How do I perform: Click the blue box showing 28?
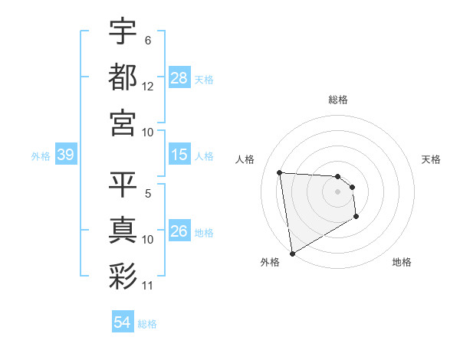click(x=179, y=77)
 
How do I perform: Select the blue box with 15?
click(x=179, y=155)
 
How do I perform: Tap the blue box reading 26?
click(x=179, y=231)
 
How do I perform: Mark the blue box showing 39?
click(x=65, y=155)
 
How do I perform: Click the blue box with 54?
click(x=123, y=322)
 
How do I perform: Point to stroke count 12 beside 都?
click(x=148, y=87)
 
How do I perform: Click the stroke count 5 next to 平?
click(x=148, y=195)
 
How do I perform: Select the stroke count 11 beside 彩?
click(x=148, y=286)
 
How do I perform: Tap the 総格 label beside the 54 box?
click(x=147, y=323)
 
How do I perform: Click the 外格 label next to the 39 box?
click(x=41, y=156)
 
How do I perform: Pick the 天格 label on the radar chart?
click(x=431, y=159)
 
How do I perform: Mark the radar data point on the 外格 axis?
click(x=292, y=254)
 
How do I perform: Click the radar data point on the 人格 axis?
click(x=280, y=172)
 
